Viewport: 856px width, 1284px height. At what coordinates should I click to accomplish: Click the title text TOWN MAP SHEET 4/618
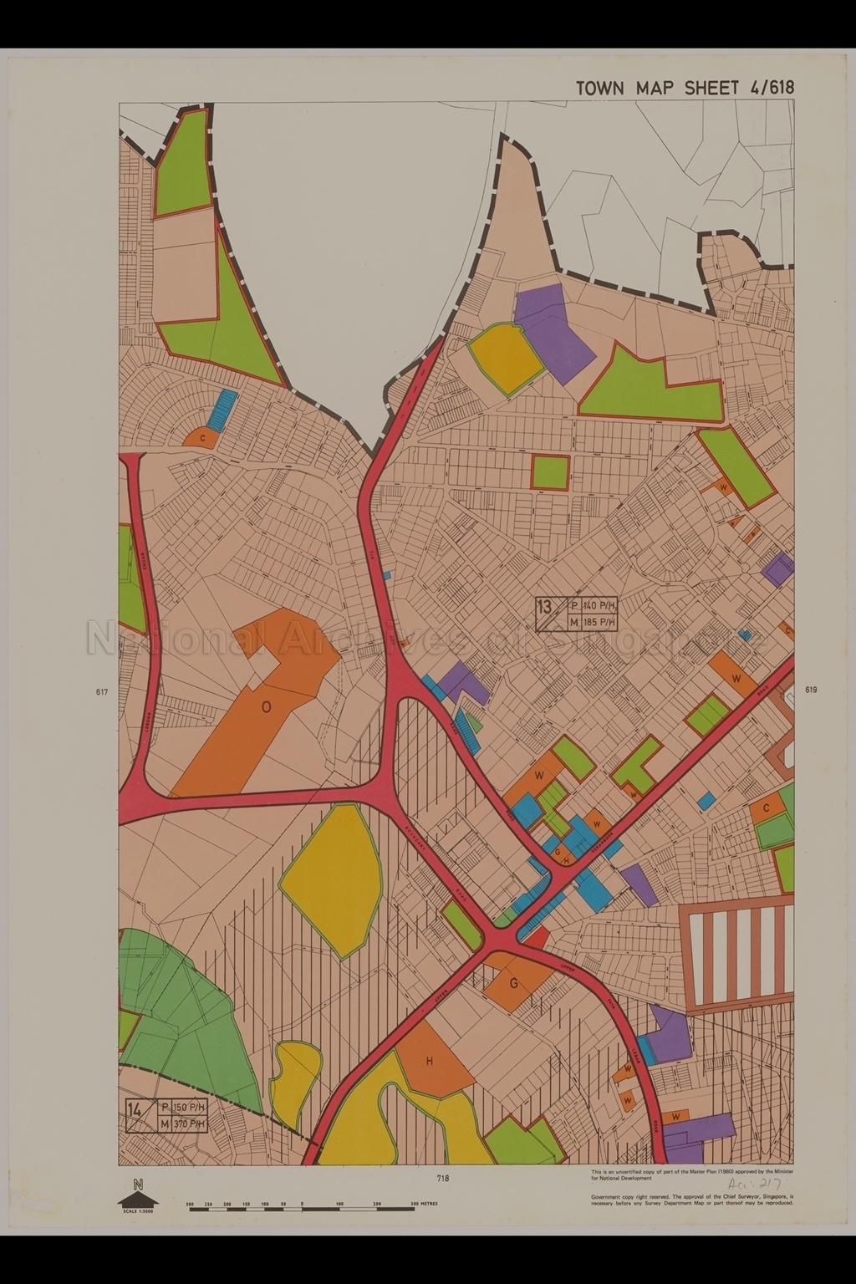(685, 88)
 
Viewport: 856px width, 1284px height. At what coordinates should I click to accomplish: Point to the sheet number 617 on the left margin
(103, 692)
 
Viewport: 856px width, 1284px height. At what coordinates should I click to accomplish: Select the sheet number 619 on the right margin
(810, 690)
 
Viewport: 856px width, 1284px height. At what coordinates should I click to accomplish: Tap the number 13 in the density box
(546, 606)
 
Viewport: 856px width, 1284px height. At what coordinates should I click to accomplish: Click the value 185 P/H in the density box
(599, 622)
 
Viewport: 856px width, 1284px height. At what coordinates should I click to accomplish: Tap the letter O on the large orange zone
(266, 707)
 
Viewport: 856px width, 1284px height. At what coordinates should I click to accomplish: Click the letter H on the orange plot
(430, 1062)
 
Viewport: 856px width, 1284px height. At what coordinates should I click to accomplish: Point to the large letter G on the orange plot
(514, 983)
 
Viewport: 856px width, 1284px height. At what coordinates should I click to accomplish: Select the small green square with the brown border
(550, 471)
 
